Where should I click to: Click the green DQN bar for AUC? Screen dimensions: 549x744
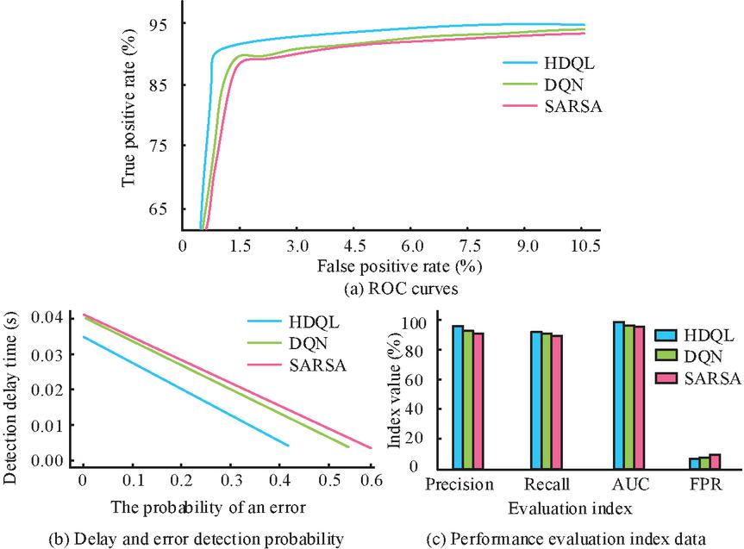tap(630, 396)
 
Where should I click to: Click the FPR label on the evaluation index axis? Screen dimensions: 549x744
tap(704, 484)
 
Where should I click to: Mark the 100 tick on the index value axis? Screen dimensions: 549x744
tap(416, 321)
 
